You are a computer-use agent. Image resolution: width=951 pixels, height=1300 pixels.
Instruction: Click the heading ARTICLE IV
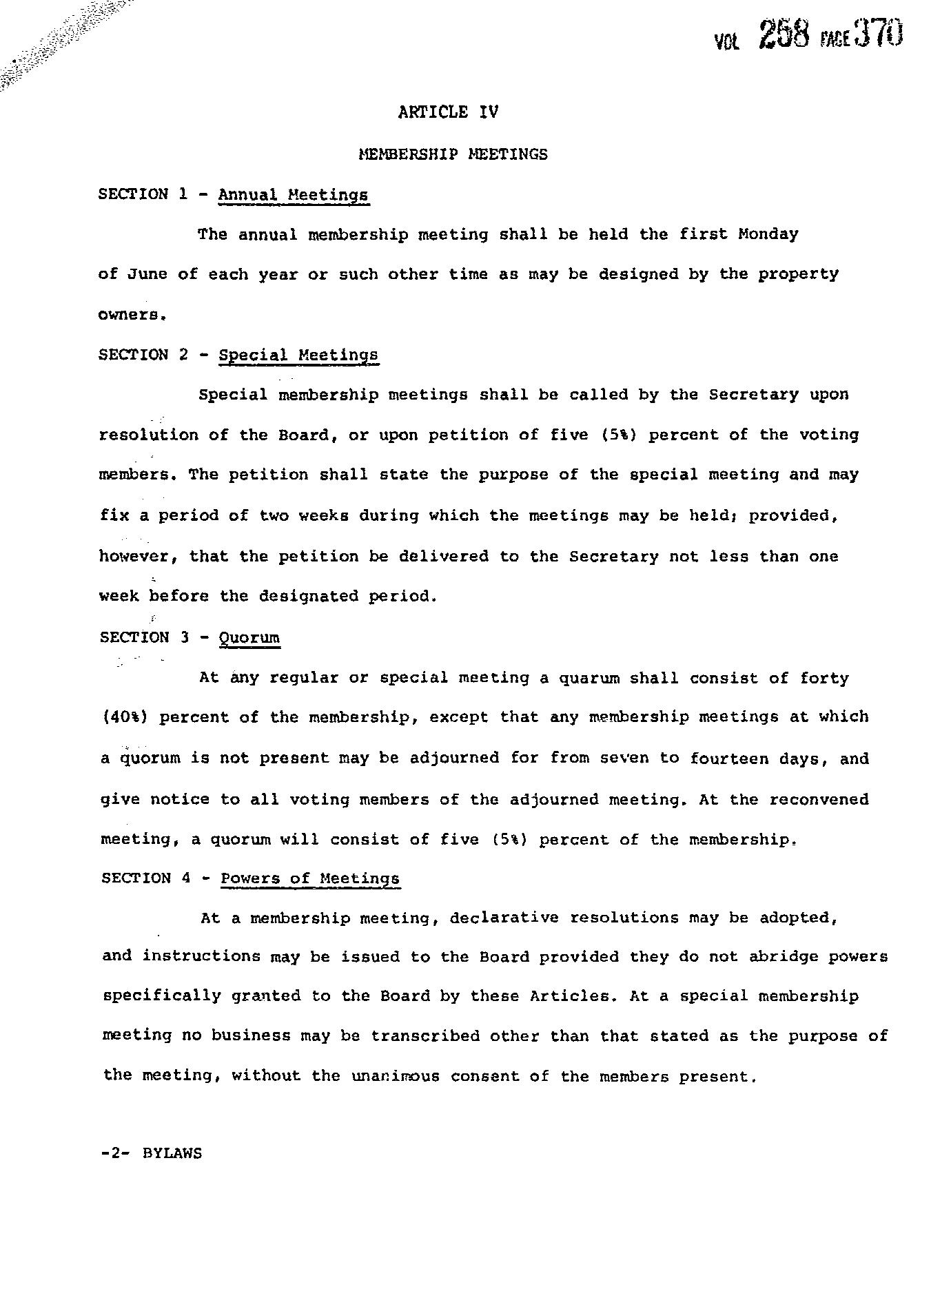point(448,112)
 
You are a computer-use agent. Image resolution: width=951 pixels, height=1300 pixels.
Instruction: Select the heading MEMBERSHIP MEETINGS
point(453,154)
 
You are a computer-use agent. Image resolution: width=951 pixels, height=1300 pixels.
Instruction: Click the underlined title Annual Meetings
point(294,195)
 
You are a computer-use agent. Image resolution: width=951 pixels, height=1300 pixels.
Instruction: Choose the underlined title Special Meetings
point(298,355)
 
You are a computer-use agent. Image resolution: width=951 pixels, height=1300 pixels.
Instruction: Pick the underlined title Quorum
point(249,638)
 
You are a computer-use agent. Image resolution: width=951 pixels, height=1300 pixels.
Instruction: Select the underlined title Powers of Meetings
point(310,878)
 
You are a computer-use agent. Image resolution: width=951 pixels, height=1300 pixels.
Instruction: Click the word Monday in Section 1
point(768,234)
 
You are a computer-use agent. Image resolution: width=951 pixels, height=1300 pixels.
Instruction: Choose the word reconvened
point(819,799)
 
